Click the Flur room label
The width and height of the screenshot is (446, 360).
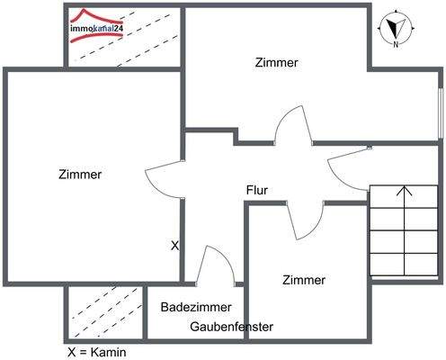coord(257,190)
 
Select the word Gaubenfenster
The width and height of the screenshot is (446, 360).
coord(231,327)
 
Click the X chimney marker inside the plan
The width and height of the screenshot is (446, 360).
coord(174,245)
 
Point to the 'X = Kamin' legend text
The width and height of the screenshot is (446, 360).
coord(97,352)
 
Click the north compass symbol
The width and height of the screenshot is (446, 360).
coord(395,24)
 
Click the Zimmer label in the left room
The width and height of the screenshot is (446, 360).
coord(79,175)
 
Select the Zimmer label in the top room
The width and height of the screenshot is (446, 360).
coord(276,63)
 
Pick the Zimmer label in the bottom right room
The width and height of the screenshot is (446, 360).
coord(304,280)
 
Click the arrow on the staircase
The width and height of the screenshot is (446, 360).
coord(405,192)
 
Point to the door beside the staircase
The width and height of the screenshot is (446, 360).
coord(347,167)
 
